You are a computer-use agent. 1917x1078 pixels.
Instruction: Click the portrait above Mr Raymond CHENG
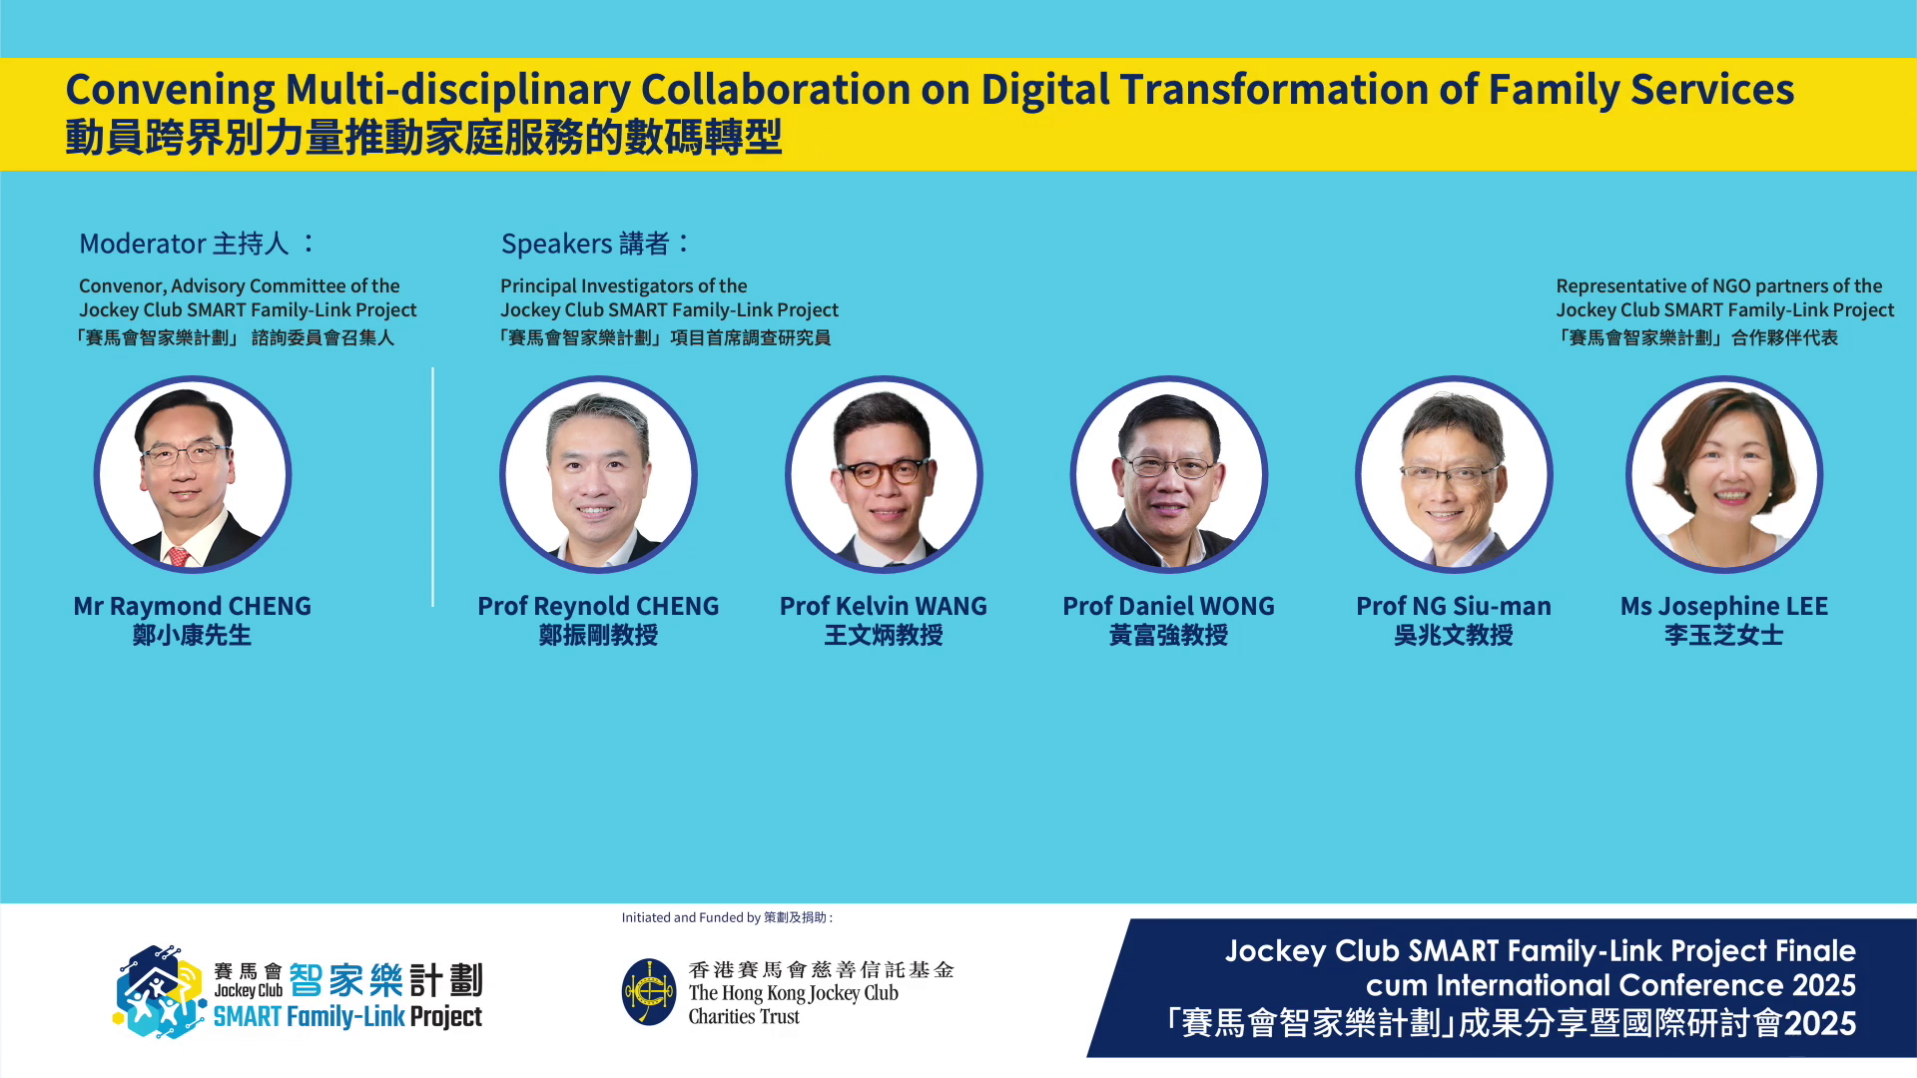tap(193, 474)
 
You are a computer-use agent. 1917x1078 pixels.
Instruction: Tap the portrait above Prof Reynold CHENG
tap(598, 474)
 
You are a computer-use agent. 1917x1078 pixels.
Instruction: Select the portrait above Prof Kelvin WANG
tap(884, 474)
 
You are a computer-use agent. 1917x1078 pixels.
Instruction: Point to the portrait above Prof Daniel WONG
tap(1169, 474)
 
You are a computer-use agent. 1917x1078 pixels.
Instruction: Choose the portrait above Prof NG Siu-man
tap(1454, 474)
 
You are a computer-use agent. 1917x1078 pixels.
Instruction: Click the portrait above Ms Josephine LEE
tap(1724, 474)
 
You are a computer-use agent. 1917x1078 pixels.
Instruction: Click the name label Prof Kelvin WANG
tap(884, 606)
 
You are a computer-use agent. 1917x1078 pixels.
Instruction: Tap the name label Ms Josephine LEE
tap(1724, 606)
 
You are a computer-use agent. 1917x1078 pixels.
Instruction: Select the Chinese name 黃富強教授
tap(1169, 635)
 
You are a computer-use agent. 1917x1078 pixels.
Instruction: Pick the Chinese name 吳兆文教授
tap(1454, 635)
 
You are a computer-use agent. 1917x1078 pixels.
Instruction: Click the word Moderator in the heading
tap(143, 244)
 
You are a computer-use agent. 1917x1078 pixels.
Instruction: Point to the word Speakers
tap(557, 244)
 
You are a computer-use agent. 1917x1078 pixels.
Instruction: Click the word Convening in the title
tap(170, 90)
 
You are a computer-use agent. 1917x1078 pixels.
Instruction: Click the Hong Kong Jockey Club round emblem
tap(649, 992)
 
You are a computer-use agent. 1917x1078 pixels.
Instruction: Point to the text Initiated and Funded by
tap(691, 917)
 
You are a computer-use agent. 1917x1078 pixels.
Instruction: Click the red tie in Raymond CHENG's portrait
tap(179, 556)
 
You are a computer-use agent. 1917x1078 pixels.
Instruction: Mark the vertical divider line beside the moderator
tap(432, 487)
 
